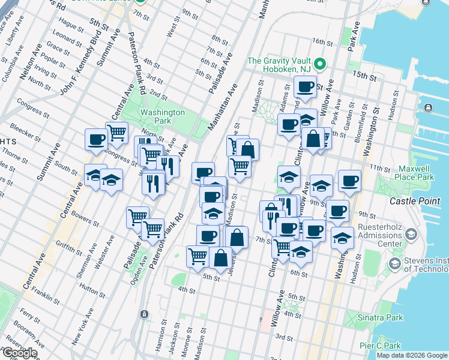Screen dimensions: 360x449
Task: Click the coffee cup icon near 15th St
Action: coord(305,85)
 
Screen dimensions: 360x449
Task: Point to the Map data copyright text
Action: coord(412,355)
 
